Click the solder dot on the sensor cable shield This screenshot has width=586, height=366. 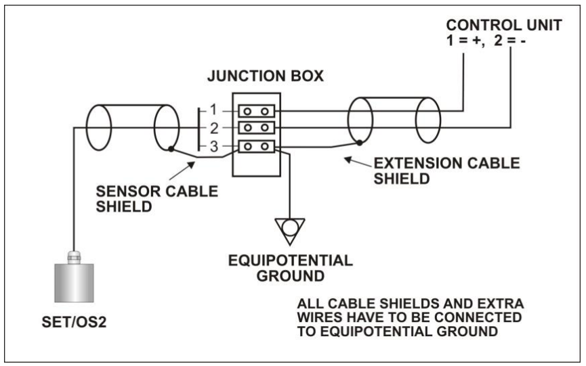tap(173, 148)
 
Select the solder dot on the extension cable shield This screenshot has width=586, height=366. tap(359, 143)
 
